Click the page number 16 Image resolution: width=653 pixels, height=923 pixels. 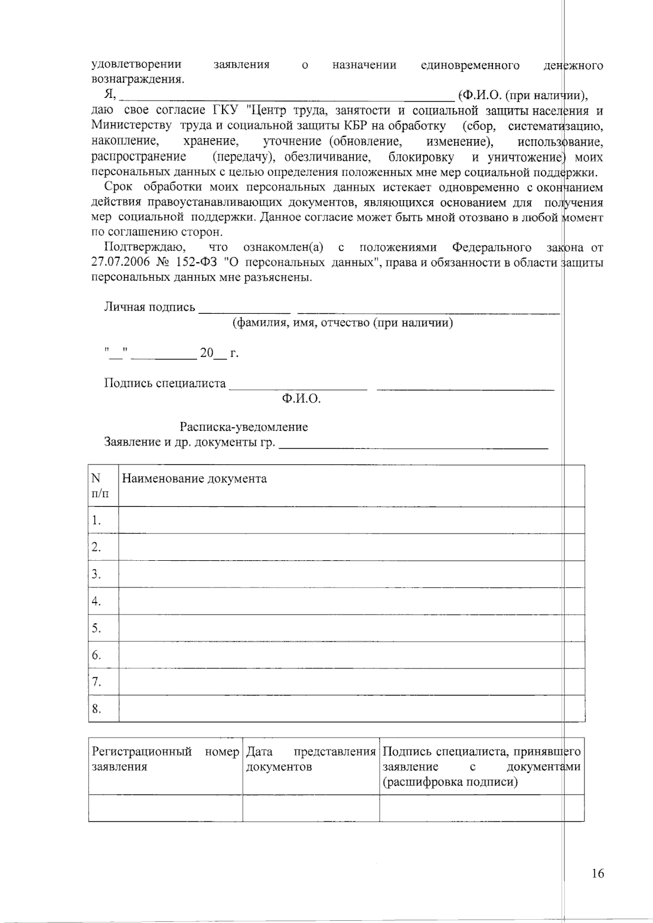tap(597, 874)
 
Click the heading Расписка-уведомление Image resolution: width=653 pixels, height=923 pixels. tap(244, 427)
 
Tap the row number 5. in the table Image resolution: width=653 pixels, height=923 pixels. tap(96, 628)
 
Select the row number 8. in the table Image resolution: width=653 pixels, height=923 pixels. tap(96, 709)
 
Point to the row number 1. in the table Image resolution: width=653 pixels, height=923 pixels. tap(96, 521)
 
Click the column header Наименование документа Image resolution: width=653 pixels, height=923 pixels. tap(194, 479)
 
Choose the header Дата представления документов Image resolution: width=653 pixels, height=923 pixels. tap(311, 759)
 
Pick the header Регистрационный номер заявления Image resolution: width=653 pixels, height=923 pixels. tap(165, 759)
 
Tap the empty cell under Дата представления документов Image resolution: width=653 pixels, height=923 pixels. tap(311, 808)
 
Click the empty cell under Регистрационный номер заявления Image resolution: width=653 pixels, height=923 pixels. tap(165, 808)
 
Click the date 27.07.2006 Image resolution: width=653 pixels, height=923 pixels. tap(119, 263)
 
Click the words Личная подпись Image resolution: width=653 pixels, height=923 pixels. tap(149, 307)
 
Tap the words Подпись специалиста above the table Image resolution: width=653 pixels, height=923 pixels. tap(164, 383)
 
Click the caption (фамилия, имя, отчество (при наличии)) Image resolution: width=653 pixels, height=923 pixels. tap(343, 324)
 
